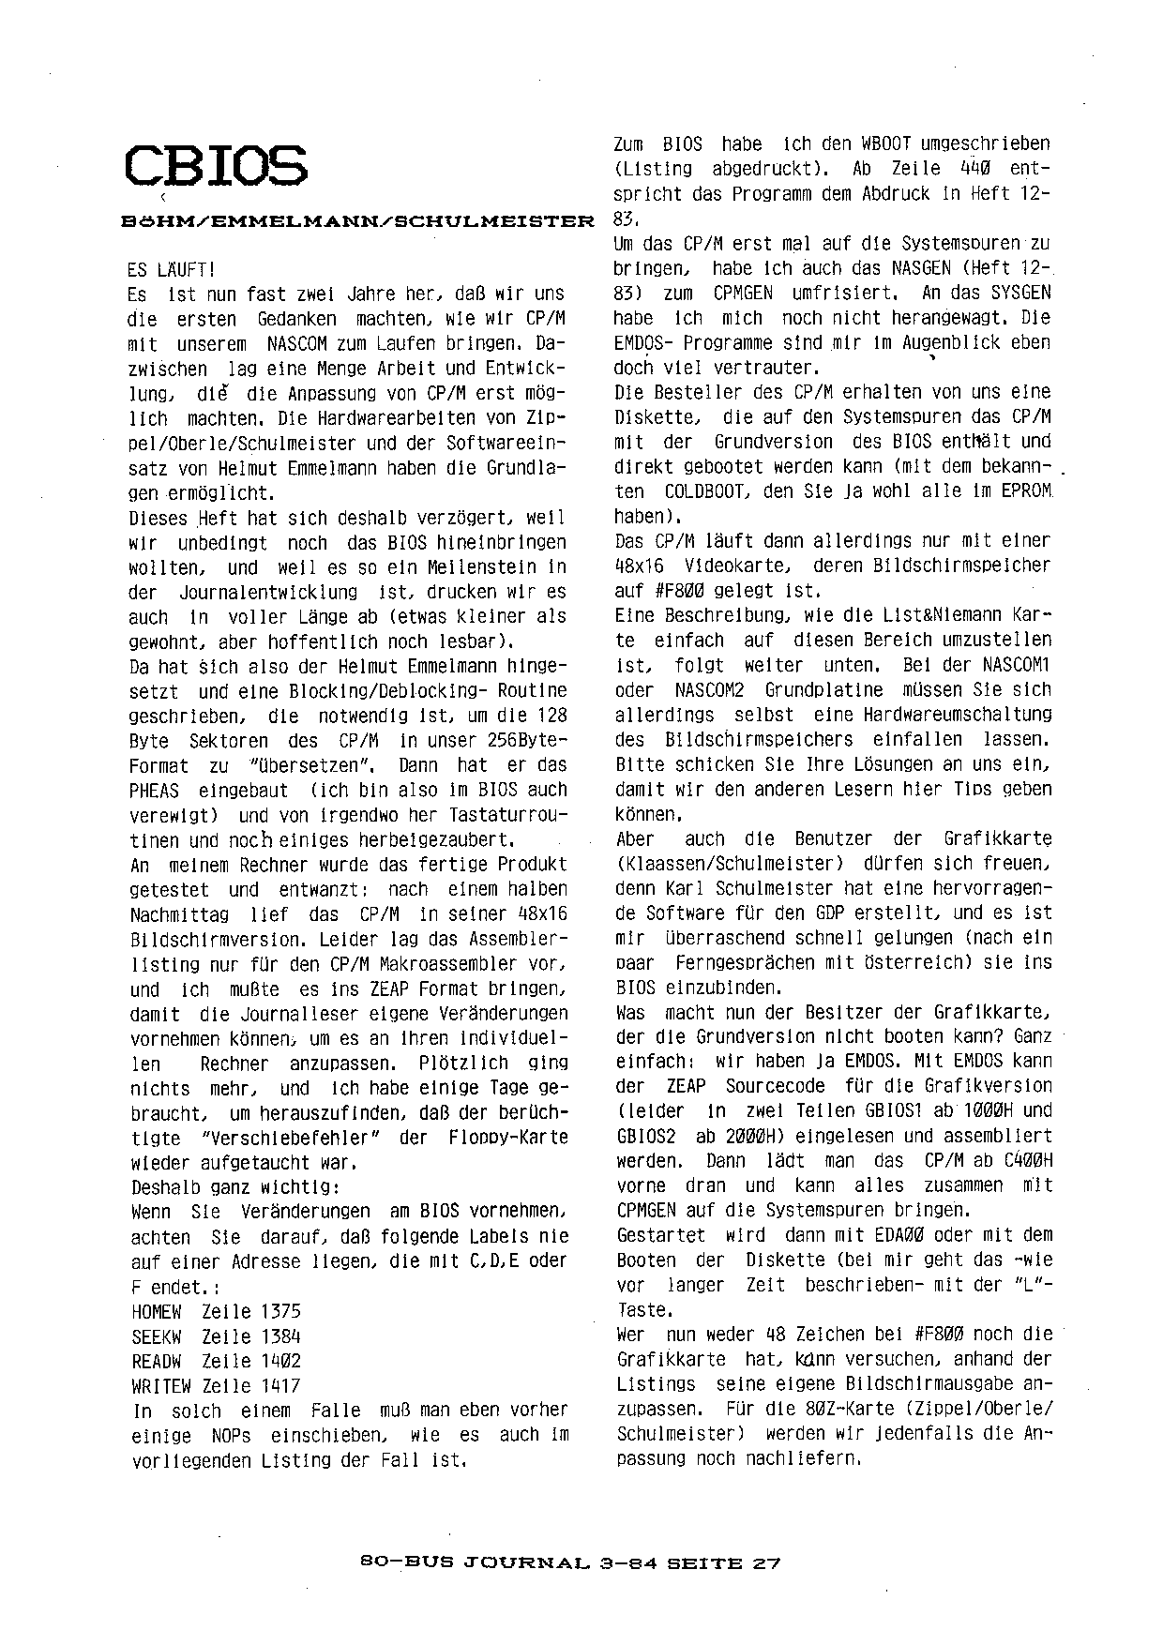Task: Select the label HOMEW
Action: click(157, 1311)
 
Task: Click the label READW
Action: click(157, 1361)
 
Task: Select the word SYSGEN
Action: click(1020, 293)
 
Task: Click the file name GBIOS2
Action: click(646, 1135)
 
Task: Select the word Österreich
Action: click(896, 962)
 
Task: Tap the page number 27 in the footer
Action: click(767, 1563)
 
